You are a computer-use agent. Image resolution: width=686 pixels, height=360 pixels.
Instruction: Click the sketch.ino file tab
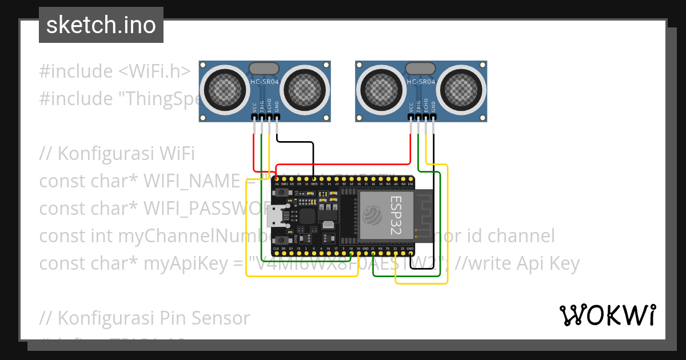tap(101, 25)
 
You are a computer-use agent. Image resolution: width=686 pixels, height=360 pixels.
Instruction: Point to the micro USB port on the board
tap(280, 215)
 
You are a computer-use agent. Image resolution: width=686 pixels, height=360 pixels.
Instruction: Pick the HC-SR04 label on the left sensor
tap(265, 82)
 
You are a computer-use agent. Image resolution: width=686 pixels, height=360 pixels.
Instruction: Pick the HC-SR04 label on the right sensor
tap(421, 82)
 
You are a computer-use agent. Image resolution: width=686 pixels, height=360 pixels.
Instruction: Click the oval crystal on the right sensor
tap(421, 69)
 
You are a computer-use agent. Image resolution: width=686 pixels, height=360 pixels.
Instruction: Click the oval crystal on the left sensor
tap(264, 69)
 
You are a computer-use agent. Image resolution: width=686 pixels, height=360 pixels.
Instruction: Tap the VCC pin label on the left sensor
tap(254, 107)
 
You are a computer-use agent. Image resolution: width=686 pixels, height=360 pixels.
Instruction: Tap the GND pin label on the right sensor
tap(433, 107)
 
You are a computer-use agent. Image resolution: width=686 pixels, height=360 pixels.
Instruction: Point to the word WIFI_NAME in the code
tap(190, 181)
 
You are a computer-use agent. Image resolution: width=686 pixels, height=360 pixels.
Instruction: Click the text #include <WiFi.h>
tap(115, 71)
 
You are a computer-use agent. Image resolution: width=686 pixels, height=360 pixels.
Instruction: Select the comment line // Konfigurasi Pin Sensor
tap(145, 318)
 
